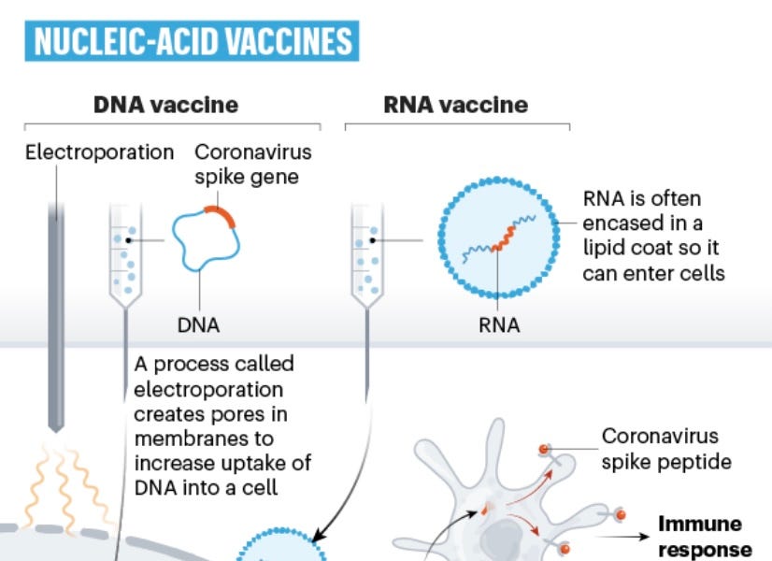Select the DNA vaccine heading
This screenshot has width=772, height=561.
pyautogui.click(x=165, y=104)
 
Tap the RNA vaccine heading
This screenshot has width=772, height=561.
pyautogui.click(x=456, y=104)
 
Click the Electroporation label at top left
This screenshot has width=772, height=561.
pyautogui.click(x=99, y=151)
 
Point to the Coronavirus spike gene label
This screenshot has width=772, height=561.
pyautogui.click(x=253, y=163)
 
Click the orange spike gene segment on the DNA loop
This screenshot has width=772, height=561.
pyautogui.click(x=222, y=218)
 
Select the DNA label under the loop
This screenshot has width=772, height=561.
pyautogui.click(x=198, y=326)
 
